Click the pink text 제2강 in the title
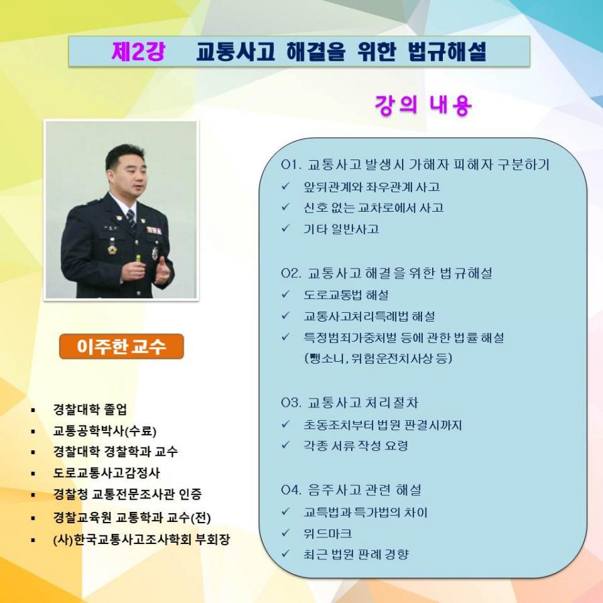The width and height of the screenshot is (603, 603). (x=139, y=51)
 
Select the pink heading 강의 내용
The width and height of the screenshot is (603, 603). (x=423, y=105)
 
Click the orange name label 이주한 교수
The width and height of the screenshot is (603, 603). (x=121, y=346)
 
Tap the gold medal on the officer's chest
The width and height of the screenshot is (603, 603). (x=112, y=249)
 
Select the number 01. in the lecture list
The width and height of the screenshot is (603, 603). (x=291, y=165)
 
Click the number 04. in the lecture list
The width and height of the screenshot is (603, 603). (x=291, y=490)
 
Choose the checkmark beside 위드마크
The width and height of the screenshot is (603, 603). (x=285, y=533)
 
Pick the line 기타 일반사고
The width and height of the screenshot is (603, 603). (x=341, y=229)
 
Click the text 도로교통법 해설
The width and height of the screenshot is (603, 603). (x=346, y=295)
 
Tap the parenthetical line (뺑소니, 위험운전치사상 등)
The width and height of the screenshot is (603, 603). (x=378, y=358)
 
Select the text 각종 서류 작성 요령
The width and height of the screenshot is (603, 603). (x=356, y=446)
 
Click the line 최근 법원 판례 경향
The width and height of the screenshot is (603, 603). (x=356, y=554)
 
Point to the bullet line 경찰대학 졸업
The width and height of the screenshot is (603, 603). (x=90, y=409)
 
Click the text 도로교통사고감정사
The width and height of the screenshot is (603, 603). (x=107, y=472)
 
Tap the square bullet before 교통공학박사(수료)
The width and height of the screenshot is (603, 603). (x=33, y=431)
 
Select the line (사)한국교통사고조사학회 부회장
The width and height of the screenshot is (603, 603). (x=141, y=539)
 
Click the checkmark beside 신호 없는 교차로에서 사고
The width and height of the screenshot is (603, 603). (x=285, y=207)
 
